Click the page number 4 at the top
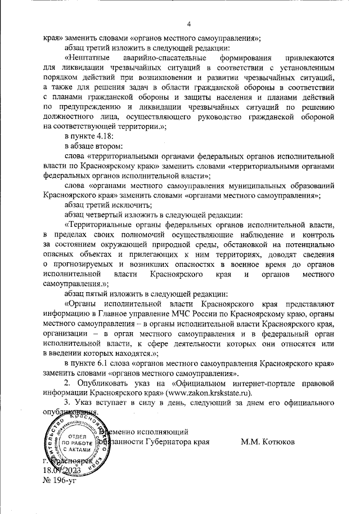(189, 24)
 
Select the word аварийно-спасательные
(159, 58)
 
